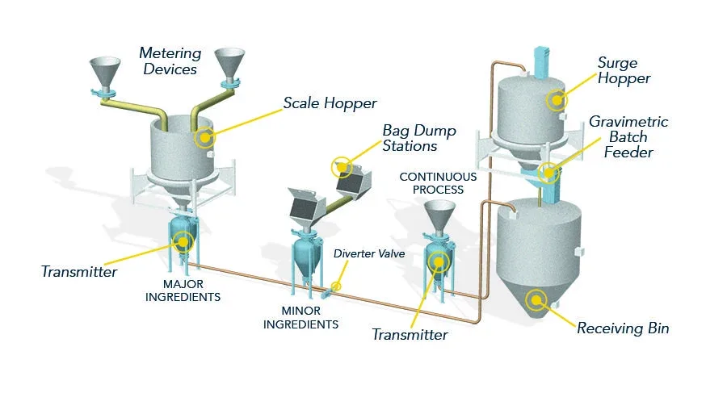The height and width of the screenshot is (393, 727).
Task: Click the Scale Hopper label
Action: (x=330, y=103)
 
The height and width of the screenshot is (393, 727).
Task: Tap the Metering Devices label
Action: (x=170, y=61)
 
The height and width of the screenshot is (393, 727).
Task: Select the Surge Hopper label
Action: (x=624, y=70)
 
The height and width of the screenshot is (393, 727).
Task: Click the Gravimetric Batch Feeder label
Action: (x=628, y=136)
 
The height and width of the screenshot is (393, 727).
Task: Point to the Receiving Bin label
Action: (x=623, y=328)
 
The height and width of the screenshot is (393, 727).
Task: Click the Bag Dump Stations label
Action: (x=419, y=138)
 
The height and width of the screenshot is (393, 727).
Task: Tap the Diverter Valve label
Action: (x=369, y=253)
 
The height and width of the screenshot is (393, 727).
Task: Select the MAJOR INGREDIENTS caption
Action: (x=183, y=291)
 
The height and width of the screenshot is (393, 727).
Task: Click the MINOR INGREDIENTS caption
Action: (x=300, y=317)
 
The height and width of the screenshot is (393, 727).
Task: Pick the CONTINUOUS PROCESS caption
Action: (x=438, y=183)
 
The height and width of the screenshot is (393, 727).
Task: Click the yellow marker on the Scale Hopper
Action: (x=204, y=138)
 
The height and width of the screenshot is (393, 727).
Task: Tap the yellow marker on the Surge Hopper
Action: (x=557, y=100)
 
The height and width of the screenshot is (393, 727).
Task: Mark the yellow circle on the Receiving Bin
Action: (x=536, y=300)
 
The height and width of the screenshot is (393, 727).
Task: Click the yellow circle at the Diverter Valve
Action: (x=336, y=286)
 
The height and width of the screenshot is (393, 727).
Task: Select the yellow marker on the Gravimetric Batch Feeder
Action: (x=548, y=174)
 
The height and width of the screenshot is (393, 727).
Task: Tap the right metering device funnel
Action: (x=229, y=64)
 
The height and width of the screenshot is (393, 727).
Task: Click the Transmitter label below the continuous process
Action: (x=410, y=335)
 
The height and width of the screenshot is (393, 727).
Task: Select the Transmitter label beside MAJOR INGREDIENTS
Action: (x=79, y=272)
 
